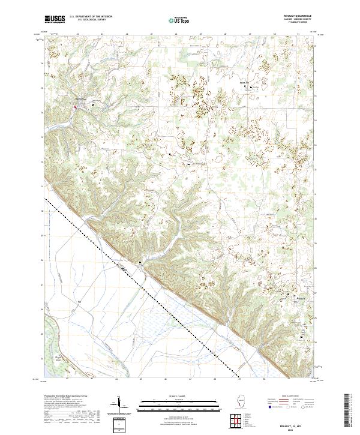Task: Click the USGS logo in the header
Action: point(55,19)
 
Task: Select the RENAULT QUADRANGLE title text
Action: point(300,16)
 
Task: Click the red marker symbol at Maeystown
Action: point(75,108)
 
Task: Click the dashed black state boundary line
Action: point(150,287)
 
